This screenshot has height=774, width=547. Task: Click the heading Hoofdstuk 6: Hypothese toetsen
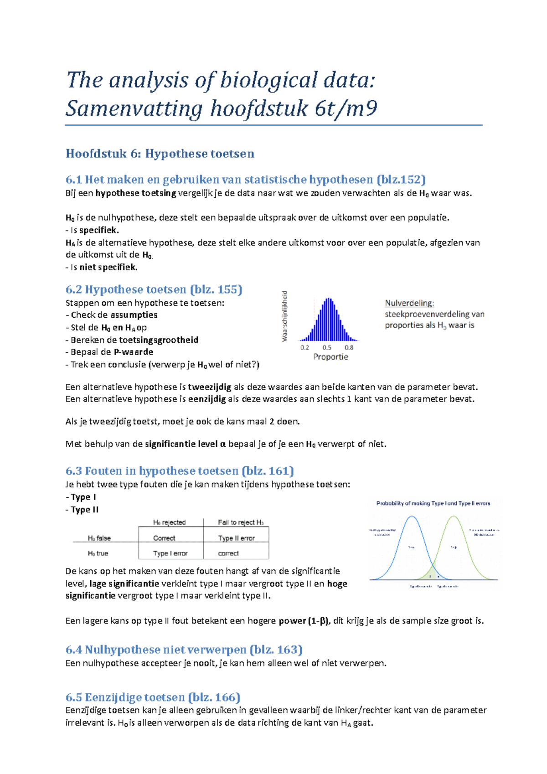click(160, 154)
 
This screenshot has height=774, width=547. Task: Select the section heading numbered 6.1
click(245, 180)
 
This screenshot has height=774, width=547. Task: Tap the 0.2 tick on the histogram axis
click(305, 347)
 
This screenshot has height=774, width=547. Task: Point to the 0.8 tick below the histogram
click(349, 347)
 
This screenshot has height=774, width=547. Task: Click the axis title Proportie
click(330, 357)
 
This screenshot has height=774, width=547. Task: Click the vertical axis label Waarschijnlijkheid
click(285, 316)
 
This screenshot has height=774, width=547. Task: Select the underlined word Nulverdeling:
click(409, 303)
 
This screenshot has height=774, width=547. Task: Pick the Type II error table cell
click(236, 538)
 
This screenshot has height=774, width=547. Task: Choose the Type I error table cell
click(170, 553)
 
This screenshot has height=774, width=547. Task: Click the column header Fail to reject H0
click(240, 522)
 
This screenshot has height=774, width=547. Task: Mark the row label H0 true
click(98, 553)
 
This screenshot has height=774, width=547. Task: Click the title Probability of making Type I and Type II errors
click(433, 504)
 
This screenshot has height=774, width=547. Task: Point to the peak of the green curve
click(454, 516)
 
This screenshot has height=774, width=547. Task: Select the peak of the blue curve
click(412, 516)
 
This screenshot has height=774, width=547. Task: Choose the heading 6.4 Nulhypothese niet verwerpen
click(184, 650)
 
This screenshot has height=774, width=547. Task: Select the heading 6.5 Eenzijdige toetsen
click(153, 697)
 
